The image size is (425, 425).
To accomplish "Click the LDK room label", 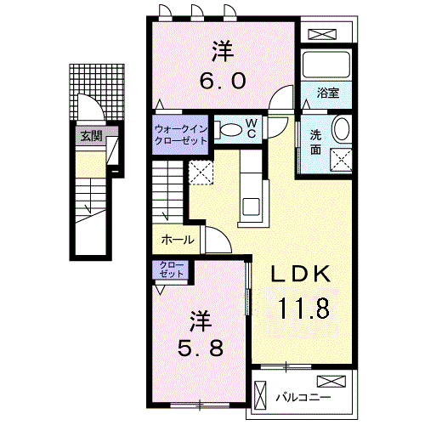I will (x=298, y=275).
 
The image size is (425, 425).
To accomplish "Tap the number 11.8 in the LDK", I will (x=301, y=308).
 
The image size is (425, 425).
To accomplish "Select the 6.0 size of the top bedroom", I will (x=223, y=81).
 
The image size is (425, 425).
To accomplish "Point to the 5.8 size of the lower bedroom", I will (x=200, y=349).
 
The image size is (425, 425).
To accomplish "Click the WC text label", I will (x=252, y=128).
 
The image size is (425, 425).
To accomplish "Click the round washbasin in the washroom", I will (x=340, y=130).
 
